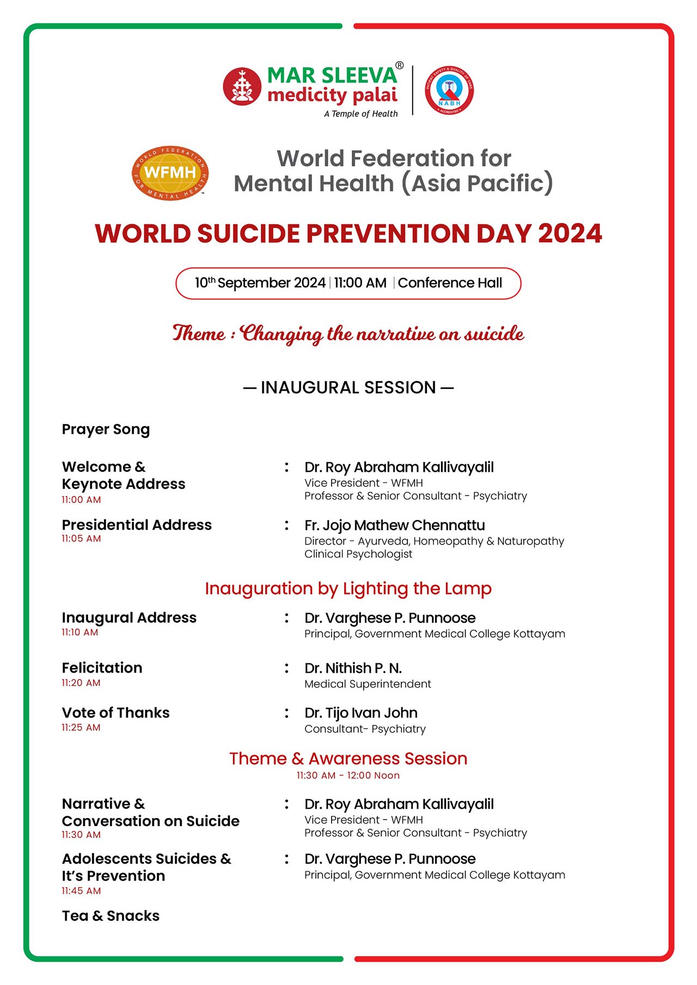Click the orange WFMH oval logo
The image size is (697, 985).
[x=170, y=173]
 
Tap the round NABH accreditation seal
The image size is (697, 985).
[x=449, y=90]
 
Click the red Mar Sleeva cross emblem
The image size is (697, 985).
[x=242, y=87]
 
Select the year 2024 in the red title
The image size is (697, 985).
[x=570, y=234]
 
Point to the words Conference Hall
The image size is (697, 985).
[x=450, y=283]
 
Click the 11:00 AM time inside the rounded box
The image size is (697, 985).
[x=360, y=283]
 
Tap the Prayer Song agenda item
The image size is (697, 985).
[x=106, y=429]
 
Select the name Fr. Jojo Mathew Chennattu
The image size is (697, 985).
[x=394, y=525]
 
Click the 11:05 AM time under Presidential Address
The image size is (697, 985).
[x=81, y=539]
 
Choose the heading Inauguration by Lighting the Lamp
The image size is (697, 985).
[x=348, y=588]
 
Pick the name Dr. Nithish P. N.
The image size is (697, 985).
[x=353, y=668]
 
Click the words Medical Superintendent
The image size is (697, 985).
[x=368, y=684]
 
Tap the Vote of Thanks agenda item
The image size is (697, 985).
[x=115, y=713]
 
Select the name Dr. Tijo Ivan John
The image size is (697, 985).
[x=360, y=713]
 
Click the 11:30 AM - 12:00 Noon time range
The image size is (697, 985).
[x=348, y=775]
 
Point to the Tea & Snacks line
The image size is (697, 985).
[x=111, y=916]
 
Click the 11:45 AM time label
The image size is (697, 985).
[x=81, y=891]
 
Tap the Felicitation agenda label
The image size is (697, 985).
[x=102, y=668]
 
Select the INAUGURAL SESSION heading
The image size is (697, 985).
[x=348, y=387]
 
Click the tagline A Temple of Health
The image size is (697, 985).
[x=360, y=114]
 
